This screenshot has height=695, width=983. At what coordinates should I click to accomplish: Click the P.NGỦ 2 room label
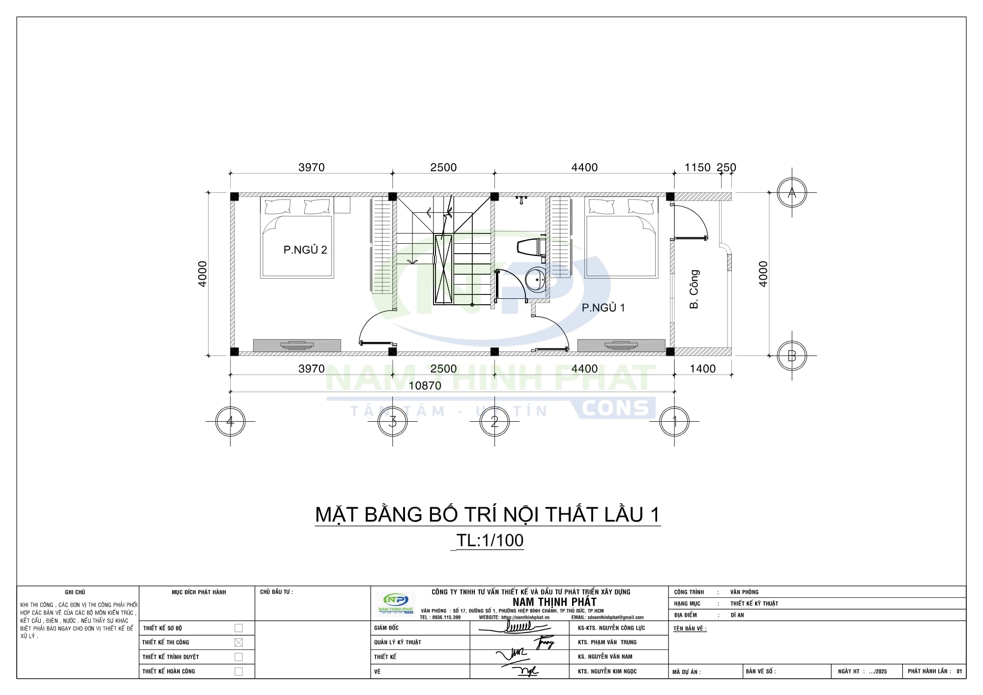tap(305, 250)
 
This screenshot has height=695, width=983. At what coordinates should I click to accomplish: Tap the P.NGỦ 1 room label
tap(603, 308)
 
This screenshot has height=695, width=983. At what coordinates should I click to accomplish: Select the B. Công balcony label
tap(694, 289)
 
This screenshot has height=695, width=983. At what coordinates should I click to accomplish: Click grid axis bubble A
tap(792, 193)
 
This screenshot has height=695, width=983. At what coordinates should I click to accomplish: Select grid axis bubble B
tap(792, 355)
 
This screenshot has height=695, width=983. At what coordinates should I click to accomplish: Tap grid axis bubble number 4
tap(230, 421)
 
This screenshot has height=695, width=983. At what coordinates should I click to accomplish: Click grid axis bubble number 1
tap(674, 421)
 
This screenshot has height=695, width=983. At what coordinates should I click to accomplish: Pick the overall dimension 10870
tap(425, 386)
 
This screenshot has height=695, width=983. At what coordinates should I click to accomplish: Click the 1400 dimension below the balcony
tap(702, 369)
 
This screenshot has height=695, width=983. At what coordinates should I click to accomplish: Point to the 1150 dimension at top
tap(697, 168)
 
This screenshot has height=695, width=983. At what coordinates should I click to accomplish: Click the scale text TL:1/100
tap(490, 540)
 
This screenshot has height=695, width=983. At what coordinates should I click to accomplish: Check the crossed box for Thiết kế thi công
tap(238, 642)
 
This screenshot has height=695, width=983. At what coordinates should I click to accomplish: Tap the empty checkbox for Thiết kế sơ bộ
tap(238, 628)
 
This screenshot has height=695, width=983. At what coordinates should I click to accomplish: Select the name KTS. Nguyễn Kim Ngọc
tap(607, 671)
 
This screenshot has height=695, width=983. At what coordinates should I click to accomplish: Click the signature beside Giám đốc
tap(514, 628)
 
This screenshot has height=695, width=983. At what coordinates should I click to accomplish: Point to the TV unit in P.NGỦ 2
tap(297, 345)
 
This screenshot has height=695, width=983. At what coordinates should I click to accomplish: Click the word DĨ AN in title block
tap(737, 615)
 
